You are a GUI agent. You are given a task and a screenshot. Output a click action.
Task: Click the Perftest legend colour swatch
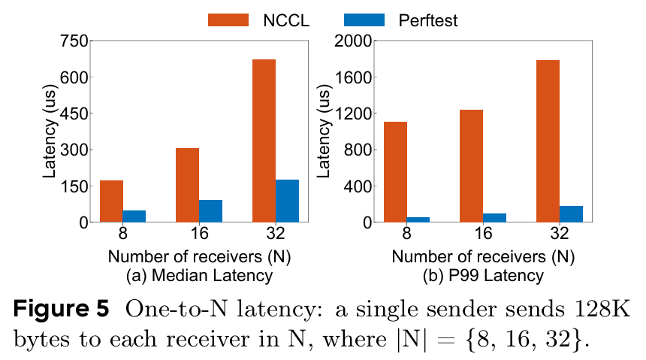click(364, 20)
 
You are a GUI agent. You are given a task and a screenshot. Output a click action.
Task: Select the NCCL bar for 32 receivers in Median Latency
click(264, 141)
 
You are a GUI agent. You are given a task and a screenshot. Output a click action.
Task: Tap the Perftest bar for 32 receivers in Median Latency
click(287, 201)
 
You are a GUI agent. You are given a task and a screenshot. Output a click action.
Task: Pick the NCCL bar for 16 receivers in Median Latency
click(187, 185)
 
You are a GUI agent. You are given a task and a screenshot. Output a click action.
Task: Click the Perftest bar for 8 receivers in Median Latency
click(134, 216)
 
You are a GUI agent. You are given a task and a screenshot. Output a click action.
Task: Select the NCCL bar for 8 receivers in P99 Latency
click(395, 171)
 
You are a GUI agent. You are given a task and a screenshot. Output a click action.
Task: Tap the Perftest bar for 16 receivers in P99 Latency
click(494, 217)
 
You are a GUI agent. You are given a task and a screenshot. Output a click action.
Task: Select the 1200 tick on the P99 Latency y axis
click(353, 113)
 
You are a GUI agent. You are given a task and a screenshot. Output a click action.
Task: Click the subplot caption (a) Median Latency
click(199, 276)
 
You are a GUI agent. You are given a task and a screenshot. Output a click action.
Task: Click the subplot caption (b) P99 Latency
click(483, 276)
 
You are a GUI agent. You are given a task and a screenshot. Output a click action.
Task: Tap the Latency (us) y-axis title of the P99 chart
click(325, 132)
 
